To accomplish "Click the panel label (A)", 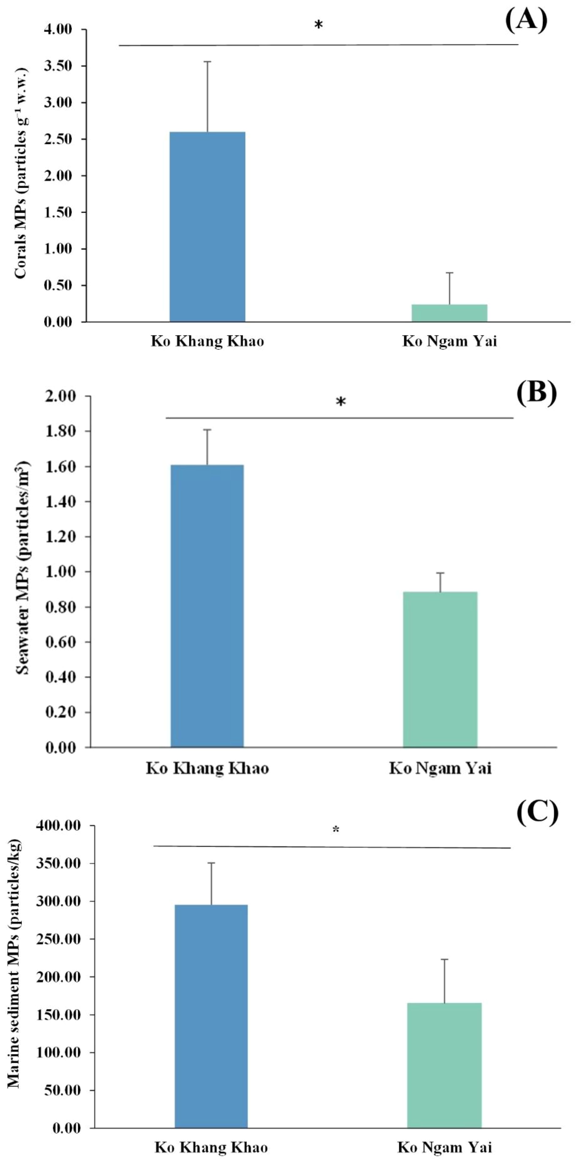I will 526,20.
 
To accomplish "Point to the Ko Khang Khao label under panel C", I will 211,1148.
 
